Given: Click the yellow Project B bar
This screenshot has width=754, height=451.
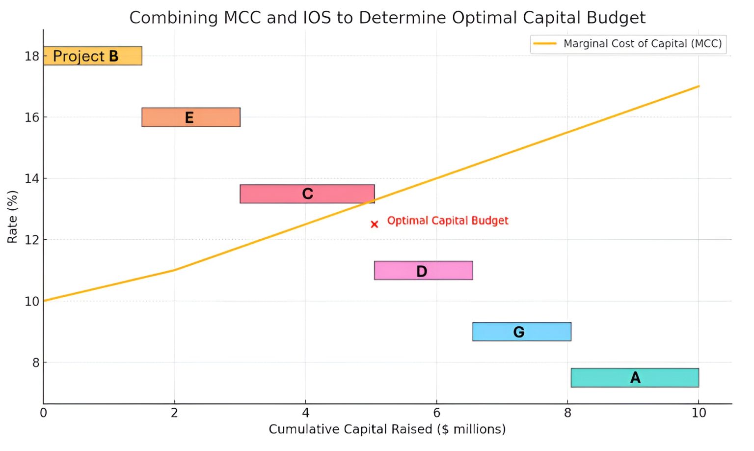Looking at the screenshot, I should [x=92, y=56].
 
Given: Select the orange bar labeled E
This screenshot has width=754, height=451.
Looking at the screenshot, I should [x=190, y=117].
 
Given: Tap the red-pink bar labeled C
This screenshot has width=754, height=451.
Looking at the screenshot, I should [x=307, y=194].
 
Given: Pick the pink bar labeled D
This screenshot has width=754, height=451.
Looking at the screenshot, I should [x=423, y=271].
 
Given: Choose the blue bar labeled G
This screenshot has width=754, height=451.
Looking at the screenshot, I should [x=521, y=332].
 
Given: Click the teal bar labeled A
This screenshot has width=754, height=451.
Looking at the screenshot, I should [x=634, y=378].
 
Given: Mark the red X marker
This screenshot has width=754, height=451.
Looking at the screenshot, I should [x=375, y=225].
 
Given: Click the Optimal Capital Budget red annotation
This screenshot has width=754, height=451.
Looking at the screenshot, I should [x=448, y=221].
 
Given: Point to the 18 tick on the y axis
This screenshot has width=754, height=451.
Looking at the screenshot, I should [x=32, y=56].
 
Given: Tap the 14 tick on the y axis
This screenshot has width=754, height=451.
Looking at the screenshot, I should [x=32, y=178].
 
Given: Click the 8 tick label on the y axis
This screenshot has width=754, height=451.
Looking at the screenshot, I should [x=35, y=363].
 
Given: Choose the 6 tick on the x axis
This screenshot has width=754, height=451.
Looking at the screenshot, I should [x=436, y=413].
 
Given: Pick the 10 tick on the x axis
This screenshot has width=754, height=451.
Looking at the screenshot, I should [x=699, y=413].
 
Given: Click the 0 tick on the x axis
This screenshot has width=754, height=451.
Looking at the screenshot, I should [x=44, y=413].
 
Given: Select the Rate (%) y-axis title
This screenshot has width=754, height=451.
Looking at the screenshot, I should [x=12, y=217].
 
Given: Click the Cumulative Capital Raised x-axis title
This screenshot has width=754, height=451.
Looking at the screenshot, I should [x=387, y=429].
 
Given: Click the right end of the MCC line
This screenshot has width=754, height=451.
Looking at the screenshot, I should [x=698, y=86].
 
